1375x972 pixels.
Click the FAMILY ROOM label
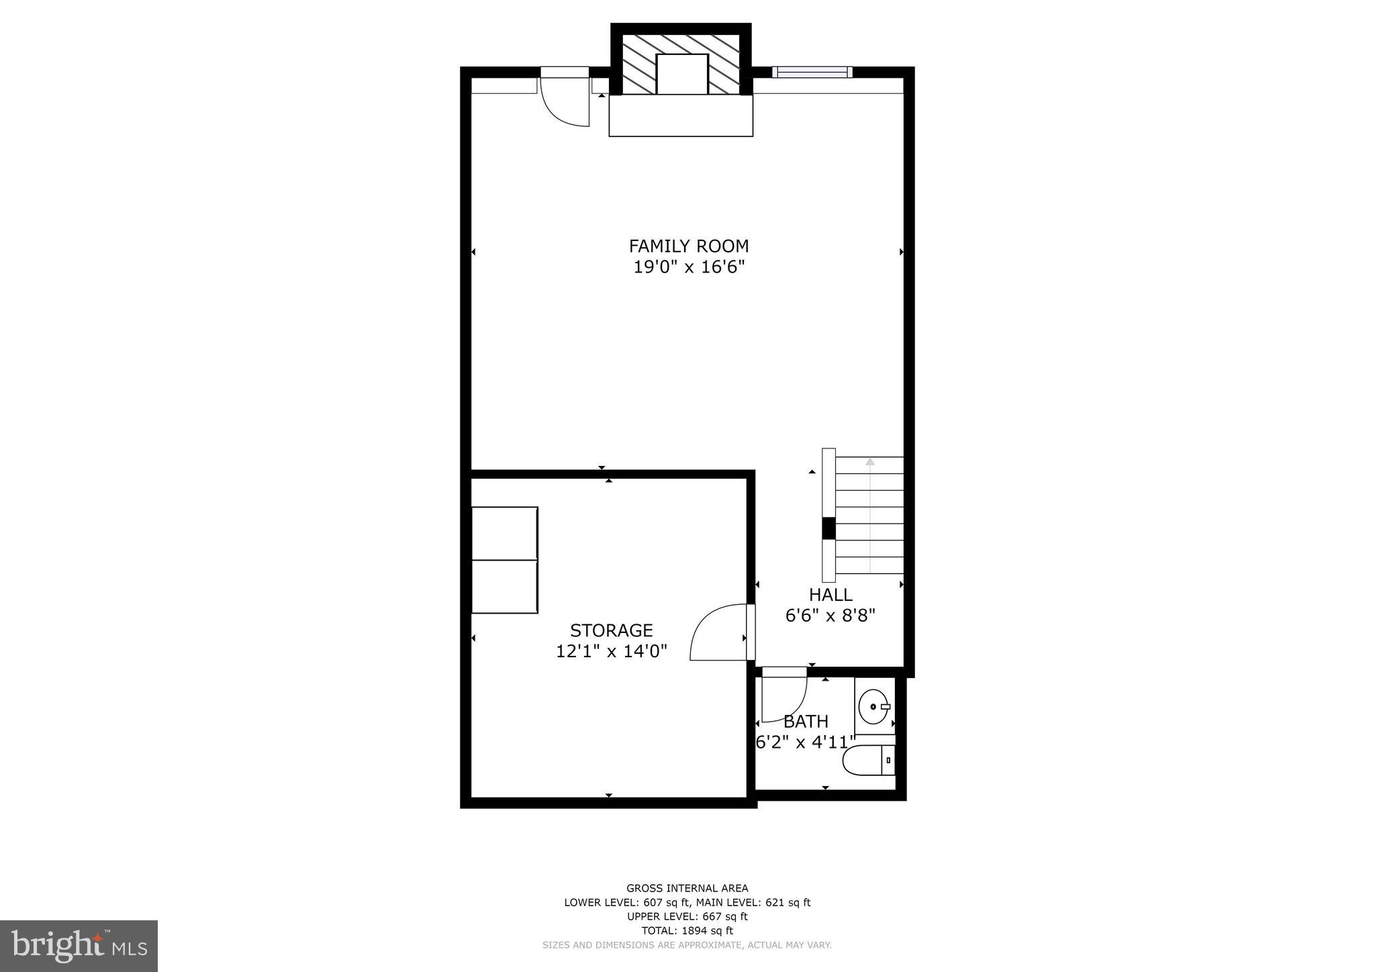pos(688,246)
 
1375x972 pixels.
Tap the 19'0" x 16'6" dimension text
pos(689,267)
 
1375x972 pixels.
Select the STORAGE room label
pos(611,630)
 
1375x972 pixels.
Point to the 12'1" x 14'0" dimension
pos(611,651)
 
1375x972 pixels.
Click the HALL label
pos(831,595)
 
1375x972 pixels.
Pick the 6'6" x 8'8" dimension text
pos(831,616)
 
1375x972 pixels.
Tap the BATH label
pos(806,722)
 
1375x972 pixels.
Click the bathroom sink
pos(873,707)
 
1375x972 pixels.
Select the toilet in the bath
pos(869,761)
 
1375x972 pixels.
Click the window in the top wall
pos(812,72)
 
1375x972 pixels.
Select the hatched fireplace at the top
pos(681,64)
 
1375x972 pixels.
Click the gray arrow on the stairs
pos(870,462)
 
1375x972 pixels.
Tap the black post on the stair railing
pos(828,528)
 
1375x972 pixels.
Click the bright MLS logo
pos(79,946)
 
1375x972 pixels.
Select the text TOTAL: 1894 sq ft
pos(687,930)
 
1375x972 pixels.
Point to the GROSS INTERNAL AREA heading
pos(687,888)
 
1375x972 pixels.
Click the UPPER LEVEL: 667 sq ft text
pos(687,916)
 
